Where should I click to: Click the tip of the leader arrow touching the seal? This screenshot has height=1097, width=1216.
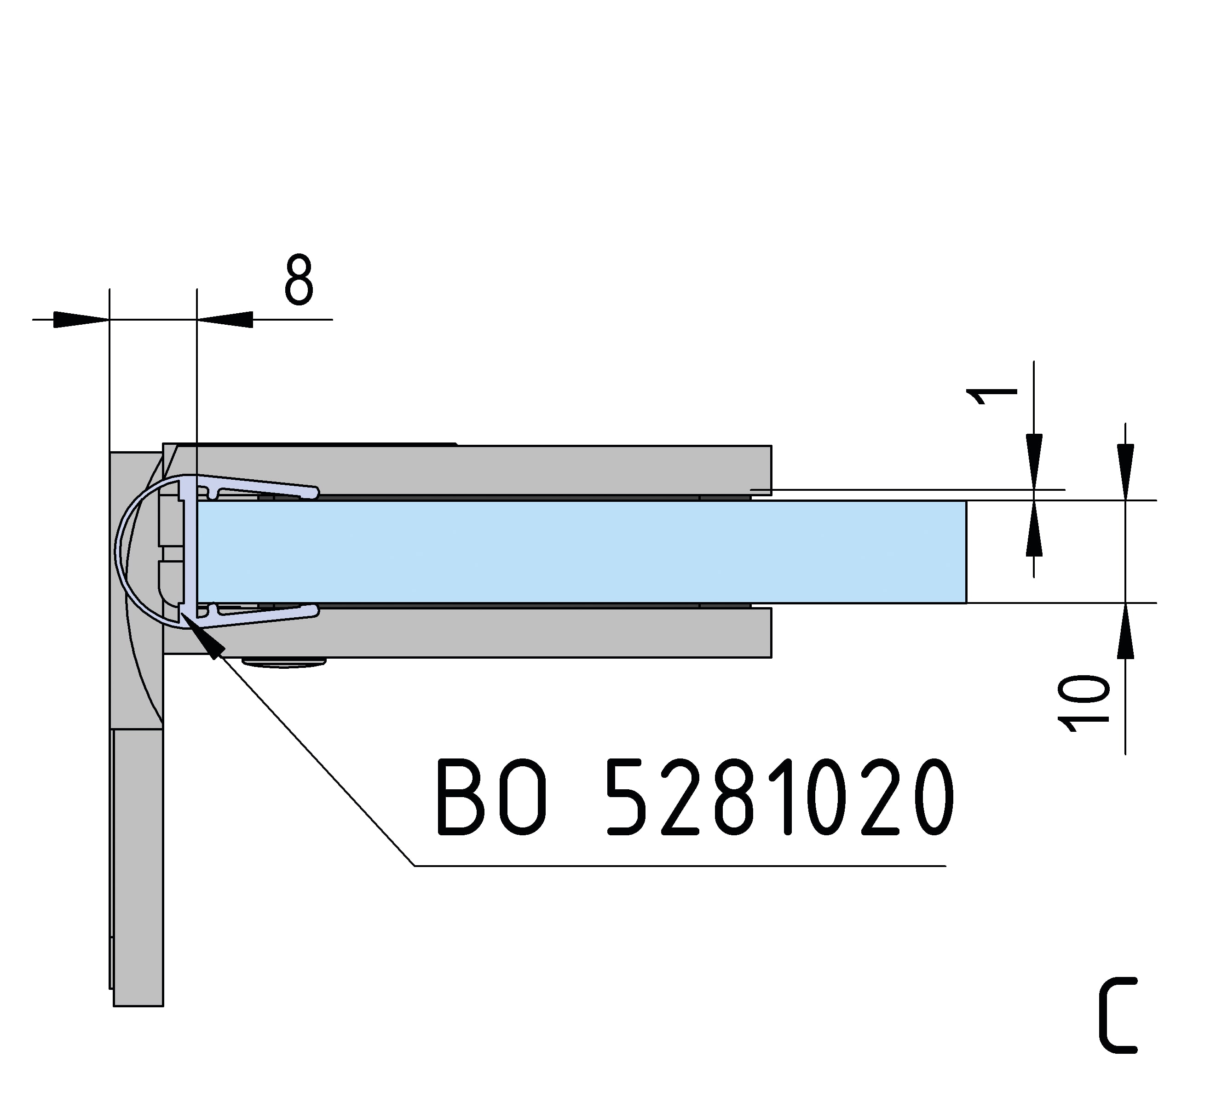tap(181, 612)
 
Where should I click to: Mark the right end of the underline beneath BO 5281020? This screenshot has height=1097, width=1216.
tap(945, 866)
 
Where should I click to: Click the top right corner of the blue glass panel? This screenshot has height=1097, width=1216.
tap(966, 501)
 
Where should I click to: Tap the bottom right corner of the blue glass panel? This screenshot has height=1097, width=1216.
tap(966, 602)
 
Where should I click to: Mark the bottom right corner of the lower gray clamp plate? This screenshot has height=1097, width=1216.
tap(771, 657)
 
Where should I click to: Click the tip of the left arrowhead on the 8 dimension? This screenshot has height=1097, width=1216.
tap(109, 320)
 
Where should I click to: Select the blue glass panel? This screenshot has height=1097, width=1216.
tap(582, 551)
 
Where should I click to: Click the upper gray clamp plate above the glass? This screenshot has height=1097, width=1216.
tap(467, 470)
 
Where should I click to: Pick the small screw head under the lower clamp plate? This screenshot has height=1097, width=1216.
tap(284, 662)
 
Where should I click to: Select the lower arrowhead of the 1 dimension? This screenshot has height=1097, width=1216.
tap(1034, 528)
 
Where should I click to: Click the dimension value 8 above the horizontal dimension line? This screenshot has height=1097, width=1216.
tap(299, 279)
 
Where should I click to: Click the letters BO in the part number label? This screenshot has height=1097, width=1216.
tap(492, 797)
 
